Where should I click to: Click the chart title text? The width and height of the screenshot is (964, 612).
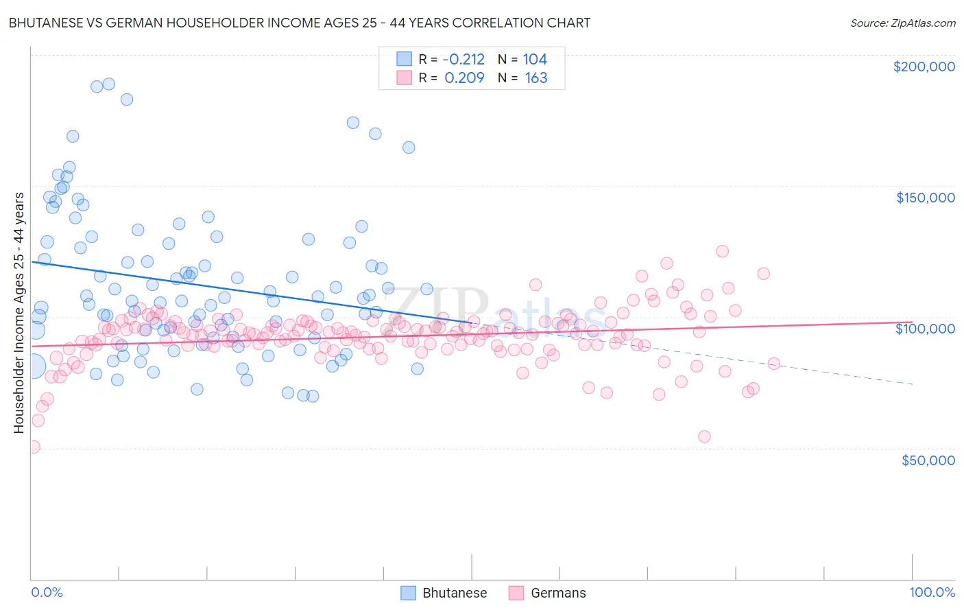click(x=299, y=23)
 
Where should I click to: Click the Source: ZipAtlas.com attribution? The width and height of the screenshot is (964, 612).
click(x=902, y=23)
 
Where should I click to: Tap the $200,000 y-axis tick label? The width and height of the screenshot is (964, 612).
click(x=924, y=67)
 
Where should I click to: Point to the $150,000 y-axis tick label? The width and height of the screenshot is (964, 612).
click(x=925, y=198)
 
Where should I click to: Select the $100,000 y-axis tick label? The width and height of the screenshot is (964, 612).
click(x=925, y=329)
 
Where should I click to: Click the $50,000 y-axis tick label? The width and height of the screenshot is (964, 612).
click(x=928, y=460)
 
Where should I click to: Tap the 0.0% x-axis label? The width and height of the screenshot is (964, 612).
click(x=47, y=592)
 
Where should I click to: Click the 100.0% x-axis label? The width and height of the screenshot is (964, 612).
click(x=932, y=592)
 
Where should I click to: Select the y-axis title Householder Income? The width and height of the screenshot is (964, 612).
click(x=19, y=313)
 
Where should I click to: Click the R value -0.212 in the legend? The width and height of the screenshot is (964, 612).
click(x=463, y=60)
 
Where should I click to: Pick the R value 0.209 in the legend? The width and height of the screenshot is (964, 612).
click(x=464, y=78)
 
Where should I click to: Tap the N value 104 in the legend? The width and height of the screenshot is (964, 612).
click(x=535, y=60)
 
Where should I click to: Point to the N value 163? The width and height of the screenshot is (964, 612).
click(x=535, y=78)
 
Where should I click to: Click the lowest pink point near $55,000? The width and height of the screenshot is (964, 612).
click(x=704, y=436)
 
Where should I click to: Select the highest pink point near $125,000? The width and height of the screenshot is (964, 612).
click(x=722, y=251)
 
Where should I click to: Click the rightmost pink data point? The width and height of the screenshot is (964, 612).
click(x=773, y=364)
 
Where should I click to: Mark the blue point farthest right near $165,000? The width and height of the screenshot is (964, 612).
click(x=409, y=148)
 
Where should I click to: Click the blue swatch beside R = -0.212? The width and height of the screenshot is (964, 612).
click(x=404, y=60)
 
